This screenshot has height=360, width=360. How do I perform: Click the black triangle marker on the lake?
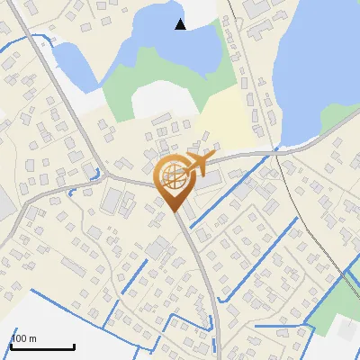pos(181,24)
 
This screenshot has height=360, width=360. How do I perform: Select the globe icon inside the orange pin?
pos(174,178)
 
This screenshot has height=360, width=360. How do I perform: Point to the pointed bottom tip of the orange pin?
pos(174,212)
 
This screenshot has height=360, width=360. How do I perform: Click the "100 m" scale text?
pos(23,338)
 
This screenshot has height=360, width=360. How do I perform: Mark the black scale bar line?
pos(41,346)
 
